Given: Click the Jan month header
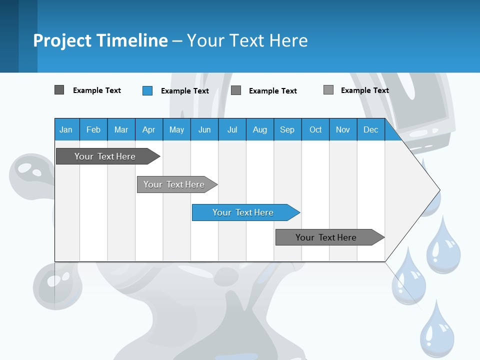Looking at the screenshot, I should [x=66, y=129].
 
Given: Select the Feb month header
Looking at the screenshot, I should [x=93, y=129].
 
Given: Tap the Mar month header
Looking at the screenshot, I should [x=121, y=129].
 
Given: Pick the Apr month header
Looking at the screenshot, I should [x=149, y=129].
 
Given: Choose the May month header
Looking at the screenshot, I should [x=176, y=129].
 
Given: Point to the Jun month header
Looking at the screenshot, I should [x=204, y=129].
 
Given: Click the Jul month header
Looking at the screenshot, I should [x=232, y=129].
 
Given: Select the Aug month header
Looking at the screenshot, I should [x=260, y=129].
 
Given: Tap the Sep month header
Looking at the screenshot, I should [x=287, y=129].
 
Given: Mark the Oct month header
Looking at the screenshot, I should [x=315, y=129].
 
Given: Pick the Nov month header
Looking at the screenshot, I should [x=343, y=129].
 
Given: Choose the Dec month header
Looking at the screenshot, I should [x=371, y=129].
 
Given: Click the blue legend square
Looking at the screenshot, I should [x=147, y=90].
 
